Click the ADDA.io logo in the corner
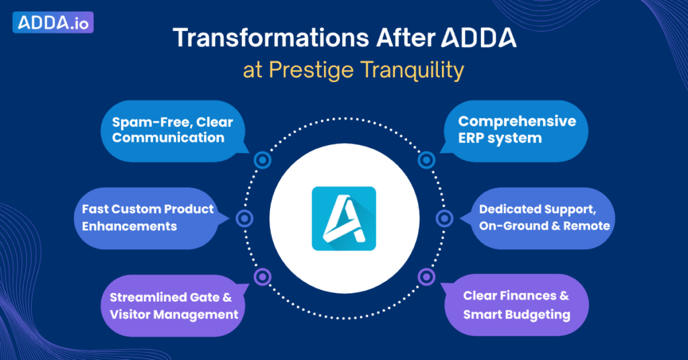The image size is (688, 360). (x=53, y=22)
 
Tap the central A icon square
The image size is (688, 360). (x=344, y=218)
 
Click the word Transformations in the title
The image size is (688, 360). (x=271, y=38)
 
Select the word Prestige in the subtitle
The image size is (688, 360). (x=311, y=70)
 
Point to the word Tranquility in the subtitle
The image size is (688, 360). (x=412, y=70)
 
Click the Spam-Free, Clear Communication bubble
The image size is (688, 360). (x=173, y=131)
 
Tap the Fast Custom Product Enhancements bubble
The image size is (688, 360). (x=149, y=218)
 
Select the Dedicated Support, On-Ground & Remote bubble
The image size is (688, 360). (x=540, y=218)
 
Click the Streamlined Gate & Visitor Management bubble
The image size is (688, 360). (x=174, y=305)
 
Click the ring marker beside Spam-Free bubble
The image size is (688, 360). (x=263, y=160)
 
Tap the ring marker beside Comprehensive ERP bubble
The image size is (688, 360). (x=426, y=160)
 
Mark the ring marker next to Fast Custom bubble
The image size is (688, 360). (x=245, y=218)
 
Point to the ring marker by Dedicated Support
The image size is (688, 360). (x=445, y=218)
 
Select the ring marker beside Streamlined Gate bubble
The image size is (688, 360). (x=263, y=277)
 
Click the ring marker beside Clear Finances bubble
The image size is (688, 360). (x=426, y=277)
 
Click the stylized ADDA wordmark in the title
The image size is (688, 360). (x=478, y=38)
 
